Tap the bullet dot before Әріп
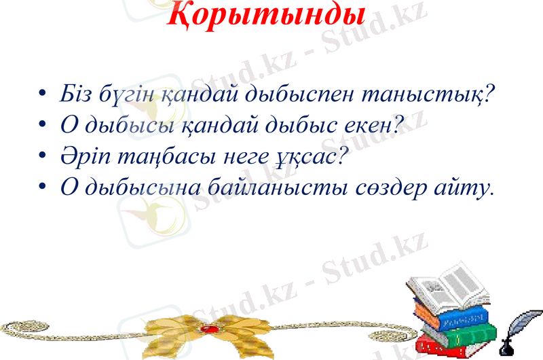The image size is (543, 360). (x=43, y=156)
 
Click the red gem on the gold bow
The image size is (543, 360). (x=209, y=329)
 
